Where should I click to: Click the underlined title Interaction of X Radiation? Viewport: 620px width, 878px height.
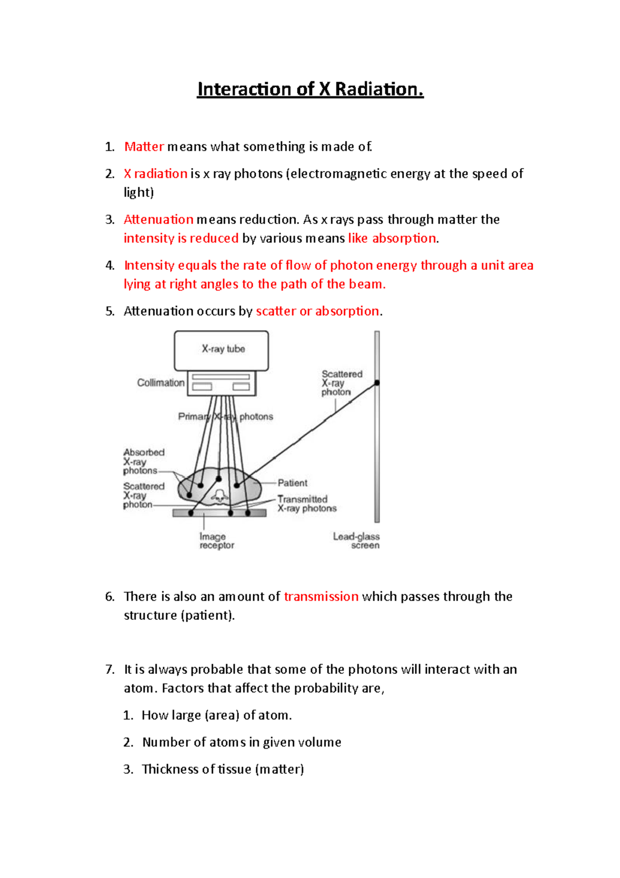tap(310, 89)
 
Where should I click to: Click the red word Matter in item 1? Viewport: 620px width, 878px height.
tap(144, 147)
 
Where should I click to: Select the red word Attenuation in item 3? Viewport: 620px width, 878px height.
tap(158, 220)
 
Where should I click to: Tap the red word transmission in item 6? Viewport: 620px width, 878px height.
tap(321, 597)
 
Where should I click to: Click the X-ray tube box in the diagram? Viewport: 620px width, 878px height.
tap(221, 350)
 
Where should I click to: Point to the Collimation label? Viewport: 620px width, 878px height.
tap(160, 383)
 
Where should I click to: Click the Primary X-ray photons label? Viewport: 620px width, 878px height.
tap(225, 417)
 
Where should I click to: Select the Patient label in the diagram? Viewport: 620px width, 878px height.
tap(292, 483)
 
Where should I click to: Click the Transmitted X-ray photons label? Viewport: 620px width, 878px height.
tap(306, 504)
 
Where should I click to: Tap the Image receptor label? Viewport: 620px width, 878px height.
tap(216, 541)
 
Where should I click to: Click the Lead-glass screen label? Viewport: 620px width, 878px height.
tap(357, 541)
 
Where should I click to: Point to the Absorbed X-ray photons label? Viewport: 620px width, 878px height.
tap(143, 461)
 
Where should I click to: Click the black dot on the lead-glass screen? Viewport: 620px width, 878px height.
tap(377, 383)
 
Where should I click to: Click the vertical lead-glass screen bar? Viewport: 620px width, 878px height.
tap(377, 455)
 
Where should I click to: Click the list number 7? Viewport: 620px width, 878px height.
tap(110, 670)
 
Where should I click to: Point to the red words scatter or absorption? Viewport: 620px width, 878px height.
tap(317, 311)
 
